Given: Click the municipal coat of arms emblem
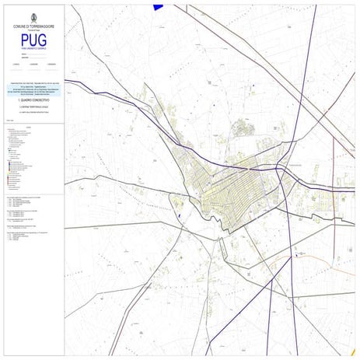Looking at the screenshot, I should tap(33, 17).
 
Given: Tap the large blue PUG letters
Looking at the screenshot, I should tap(33, 40).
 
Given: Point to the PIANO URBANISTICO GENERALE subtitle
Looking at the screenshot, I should tap(33, 51).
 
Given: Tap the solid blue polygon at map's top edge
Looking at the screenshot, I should tap(159, 6).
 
